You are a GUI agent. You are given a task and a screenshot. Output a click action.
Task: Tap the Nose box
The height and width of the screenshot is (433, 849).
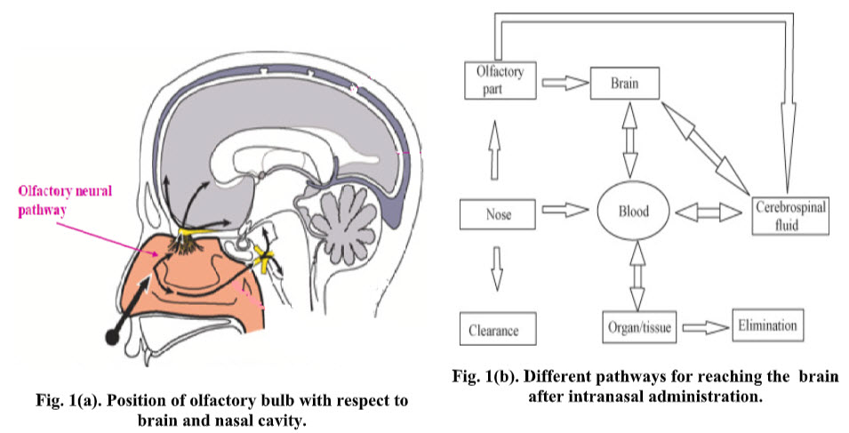click(x=499, y=213)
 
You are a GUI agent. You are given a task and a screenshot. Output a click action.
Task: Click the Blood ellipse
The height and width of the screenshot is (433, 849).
click(x=633, y=212)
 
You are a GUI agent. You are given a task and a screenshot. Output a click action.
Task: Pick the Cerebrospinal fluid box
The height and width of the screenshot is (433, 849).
click(x=790, y=213)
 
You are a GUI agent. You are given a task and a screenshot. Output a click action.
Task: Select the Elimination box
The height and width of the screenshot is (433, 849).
click(x=765, y=325)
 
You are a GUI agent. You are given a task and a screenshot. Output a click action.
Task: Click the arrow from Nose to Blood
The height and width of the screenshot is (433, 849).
click(x=565, y=212)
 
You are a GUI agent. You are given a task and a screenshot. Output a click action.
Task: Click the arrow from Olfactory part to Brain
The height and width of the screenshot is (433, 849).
click(x=566, y=82)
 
